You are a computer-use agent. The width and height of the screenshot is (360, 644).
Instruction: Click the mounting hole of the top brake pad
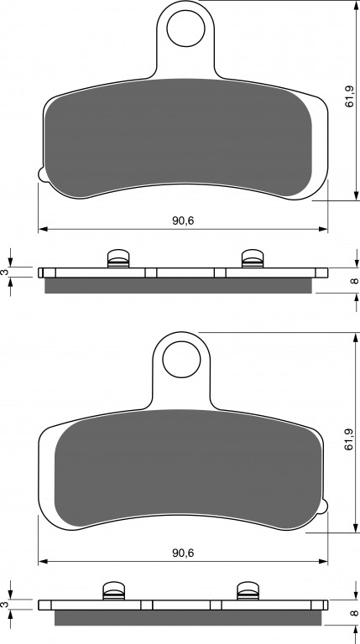185,28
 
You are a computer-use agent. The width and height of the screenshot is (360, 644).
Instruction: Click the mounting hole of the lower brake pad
181,360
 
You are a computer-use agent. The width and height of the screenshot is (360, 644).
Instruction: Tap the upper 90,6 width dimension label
183,221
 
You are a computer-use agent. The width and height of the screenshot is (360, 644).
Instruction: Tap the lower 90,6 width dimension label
183,553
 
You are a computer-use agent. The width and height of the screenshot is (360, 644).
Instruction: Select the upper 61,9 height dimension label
349,96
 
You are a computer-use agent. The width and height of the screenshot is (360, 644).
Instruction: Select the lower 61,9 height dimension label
349,439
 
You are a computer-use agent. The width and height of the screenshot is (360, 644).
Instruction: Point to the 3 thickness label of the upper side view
5,272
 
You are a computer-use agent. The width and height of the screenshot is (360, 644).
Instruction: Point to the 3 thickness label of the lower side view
5,605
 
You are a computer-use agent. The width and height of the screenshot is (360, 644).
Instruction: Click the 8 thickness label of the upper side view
355,281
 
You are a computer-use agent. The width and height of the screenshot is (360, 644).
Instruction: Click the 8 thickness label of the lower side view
355,614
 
